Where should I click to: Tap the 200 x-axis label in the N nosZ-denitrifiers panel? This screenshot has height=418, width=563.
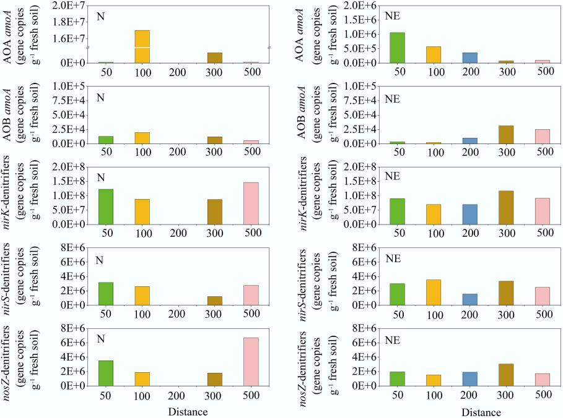(x=178, y=395)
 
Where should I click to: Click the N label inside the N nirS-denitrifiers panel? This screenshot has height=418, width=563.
(x=99, y=260)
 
